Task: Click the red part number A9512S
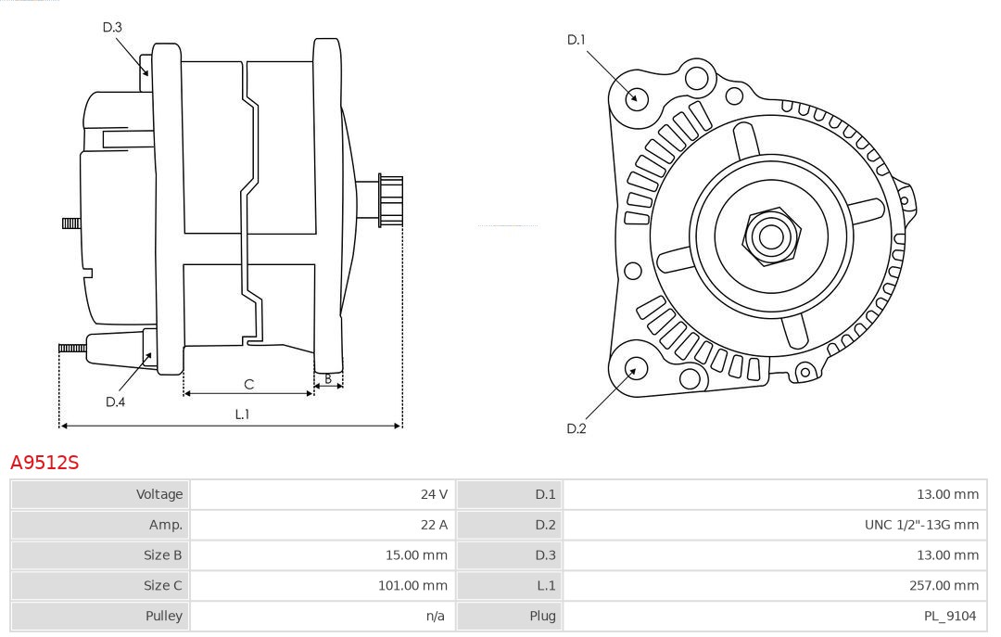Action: [44, 463]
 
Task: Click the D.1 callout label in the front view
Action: [577, 40]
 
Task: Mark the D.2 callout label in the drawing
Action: [577, 428]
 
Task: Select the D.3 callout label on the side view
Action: [112, 27]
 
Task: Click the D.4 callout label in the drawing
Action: [115, 401]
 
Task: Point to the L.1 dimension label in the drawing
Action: [242, 414]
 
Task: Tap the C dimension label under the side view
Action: [248, 384]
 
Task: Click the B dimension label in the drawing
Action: [328, 378]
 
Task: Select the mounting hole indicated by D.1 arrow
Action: [637, 97]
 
